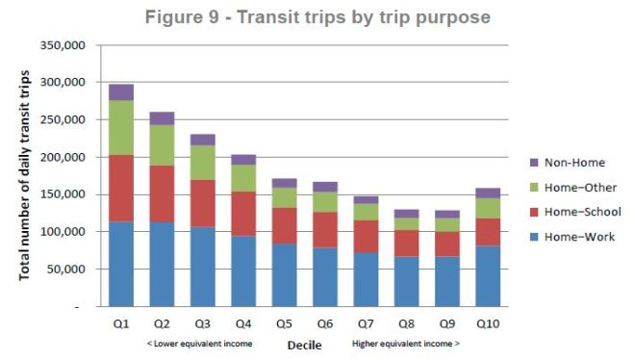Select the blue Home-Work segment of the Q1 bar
pos(121,264)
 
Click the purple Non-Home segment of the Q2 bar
pos(162,118)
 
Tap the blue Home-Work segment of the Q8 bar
pos(407,281)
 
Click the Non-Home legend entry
pos(571,163)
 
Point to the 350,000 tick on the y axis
pos(64,46)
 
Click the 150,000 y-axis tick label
pos(64,195)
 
